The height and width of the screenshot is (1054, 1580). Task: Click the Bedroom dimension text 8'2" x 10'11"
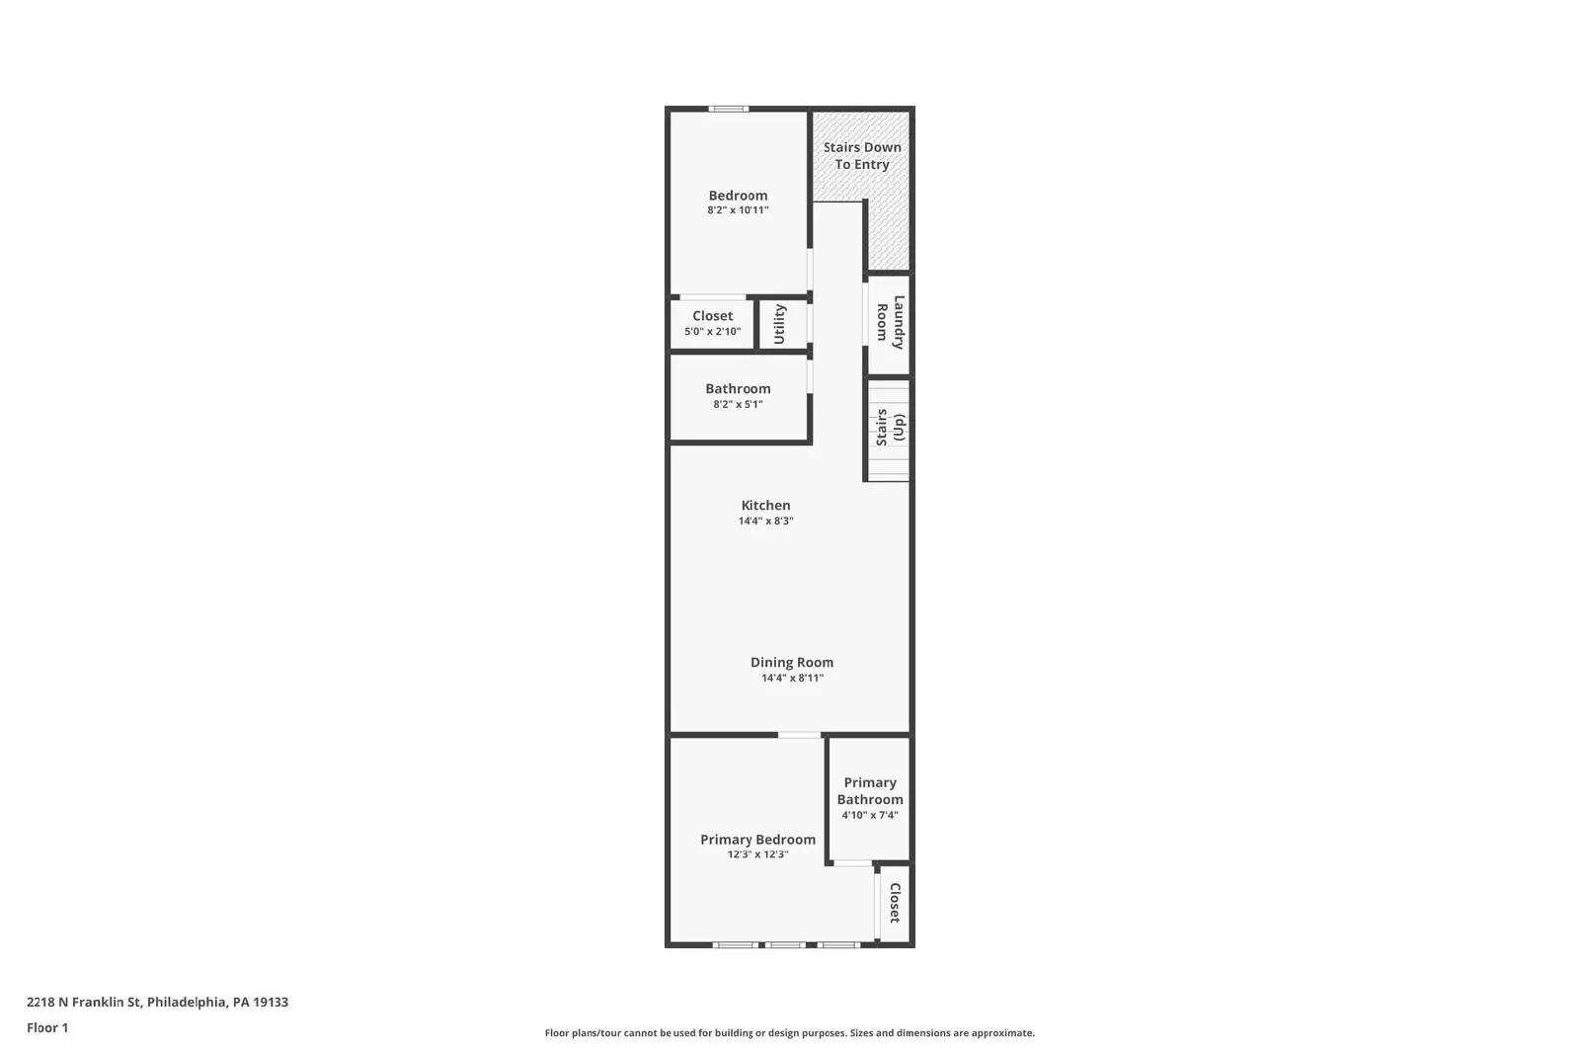coord(738,210)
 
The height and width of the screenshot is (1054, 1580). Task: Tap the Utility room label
coord(779,324)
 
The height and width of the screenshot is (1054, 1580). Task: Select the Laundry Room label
coord(890,322)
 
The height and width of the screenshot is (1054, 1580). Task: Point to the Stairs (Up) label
coord(890,427)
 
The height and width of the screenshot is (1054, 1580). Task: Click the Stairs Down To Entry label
coord(862,156)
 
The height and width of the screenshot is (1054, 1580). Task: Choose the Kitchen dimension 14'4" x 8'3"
coord(766,522)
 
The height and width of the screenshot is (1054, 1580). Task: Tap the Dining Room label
coord(792,663)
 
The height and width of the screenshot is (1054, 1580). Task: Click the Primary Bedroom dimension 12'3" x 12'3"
coord(757,854)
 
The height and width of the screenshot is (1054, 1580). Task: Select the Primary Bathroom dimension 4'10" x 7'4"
coord(870,816)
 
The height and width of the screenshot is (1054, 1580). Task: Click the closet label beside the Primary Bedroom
coord(895,903)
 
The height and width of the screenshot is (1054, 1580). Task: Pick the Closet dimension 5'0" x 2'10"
coord(712,332)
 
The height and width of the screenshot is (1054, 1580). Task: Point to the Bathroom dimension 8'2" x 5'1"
coord(738,404)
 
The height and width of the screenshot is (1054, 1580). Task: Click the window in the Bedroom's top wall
coord(729,110)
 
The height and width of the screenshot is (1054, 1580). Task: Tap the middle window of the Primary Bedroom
coord(785,944)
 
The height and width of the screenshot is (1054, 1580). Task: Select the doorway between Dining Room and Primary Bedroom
coord(799,735)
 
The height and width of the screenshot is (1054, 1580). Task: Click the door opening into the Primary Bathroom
coord(853,863)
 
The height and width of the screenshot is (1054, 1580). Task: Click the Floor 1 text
coord(47,1028)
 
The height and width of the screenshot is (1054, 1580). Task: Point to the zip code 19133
coord(271,1002)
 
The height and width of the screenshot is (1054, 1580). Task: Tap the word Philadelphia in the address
coord(187,1003)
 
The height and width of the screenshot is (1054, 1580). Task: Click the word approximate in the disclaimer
coord(1002,1033)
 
